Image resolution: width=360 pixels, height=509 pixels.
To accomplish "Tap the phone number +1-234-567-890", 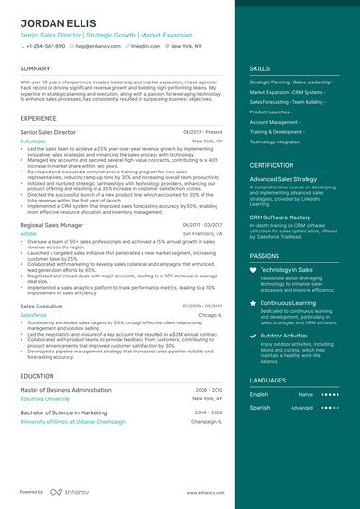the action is pos(45,45).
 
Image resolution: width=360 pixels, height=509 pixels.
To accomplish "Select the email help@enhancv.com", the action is pos(97,45).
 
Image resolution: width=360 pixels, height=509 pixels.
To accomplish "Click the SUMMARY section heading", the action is pos(35,68).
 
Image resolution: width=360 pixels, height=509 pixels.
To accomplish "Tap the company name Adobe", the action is pos(27,233).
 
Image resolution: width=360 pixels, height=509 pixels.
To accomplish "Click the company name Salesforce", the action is pos(33,316).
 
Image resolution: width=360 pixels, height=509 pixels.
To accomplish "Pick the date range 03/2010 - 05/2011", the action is pos(202,307).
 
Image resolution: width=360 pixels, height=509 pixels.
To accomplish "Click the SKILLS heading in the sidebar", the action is pos(260,68).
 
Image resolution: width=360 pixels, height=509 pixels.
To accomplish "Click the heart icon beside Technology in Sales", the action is pos(254,270).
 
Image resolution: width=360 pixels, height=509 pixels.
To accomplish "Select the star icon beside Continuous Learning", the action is pos(254,304).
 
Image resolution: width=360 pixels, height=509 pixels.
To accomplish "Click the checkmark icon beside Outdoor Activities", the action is pos(254,335).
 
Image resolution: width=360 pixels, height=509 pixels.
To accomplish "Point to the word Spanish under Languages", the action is pos(260,408).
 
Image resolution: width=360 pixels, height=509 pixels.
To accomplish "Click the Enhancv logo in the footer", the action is pos(72,491).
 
